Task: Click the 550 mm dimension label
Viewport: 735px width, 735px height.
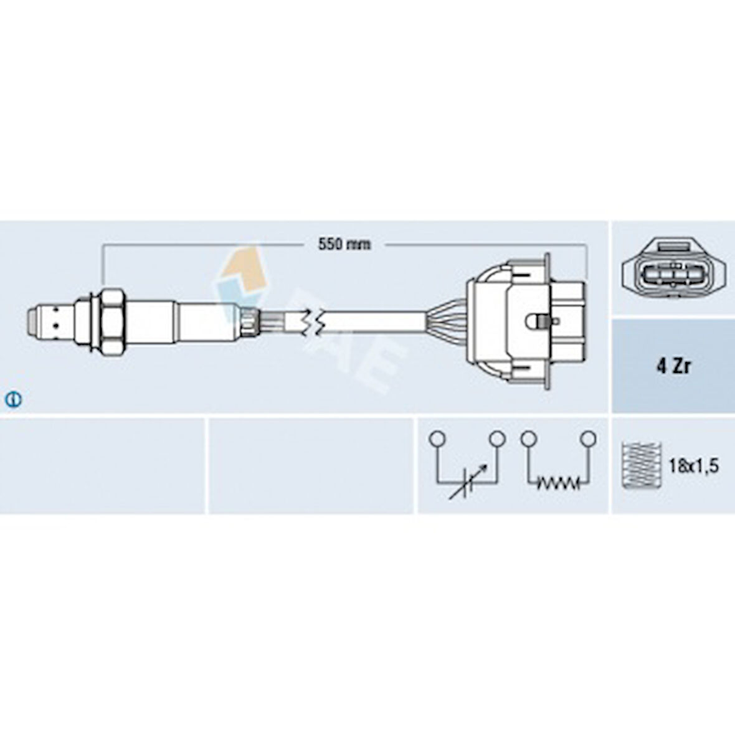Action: click(344, 244)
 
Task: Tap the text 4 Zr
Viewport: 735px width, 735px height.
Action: click(673, 366)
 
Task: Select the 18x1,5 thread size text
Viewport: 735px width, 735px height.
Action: click(693, 466)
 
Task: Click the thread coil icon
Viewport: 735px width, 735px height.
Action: click(641, 465)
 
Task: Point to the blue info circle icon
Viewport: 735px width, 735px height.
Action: click(14, 399)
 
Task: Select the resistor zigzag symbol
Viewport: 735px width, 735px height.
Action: click(558, 481)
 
